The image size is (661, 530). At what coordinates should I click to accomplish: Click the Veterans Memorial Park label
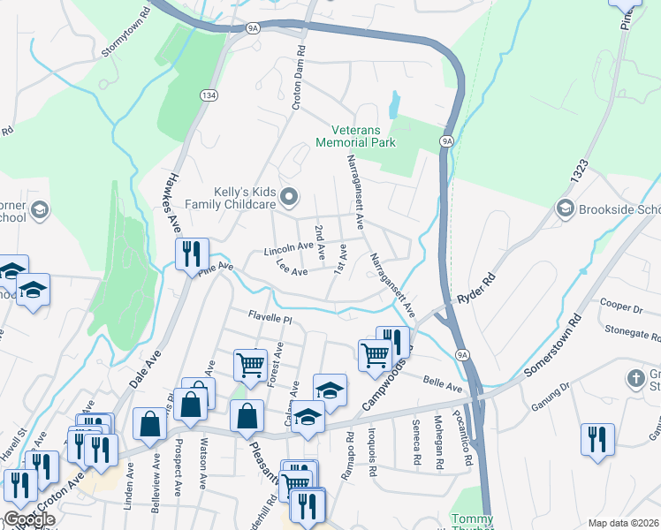pos(355,135)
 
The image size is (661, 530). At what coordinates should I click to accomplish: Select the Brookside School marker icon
pos(564,208)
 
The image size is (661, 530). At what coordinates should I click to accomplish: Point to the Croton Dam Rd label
pos(299,79)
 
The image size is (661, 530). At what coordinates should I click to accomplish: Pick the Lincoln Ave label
pos(288,251)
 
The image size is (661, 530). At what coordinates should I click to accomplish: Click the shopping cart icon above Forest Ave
pos(251,363)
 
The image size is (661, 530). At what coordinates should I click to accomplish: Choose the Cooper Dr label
pos(619,309)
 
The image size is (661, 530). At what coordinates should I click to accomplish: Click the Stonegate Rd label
pos(633,333)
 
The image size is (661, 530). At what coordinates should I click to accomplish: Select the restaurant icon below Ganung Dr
pos(597,438)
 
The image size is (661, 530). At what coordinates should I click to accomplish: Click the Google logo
pos(29,519)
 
